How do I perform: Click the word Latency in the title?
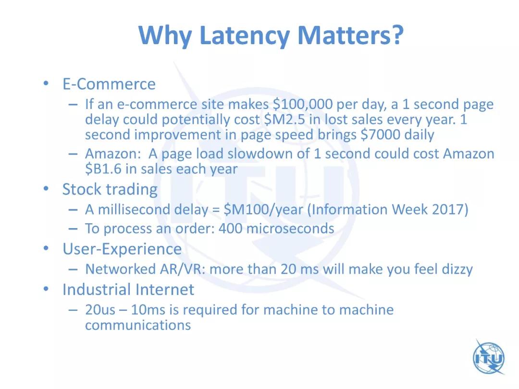pos(245,36)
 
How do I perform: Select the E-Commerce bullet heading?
pos(109,84)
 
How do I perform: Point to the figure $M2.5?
pos(284,120)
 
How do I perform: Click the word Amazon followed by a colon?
pos(113,154)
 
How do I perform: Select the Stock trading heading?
pos(110,190)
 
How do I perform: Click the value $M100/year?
pos(263,210)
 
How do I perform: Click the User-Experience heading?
pos(122,249)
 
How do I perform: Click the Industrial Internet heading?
pos(128,290)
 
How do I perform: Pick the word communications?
pos(138,325)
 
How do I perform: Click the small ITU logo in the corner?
pos(489,357)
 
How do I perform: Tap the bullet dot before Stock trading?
pos(46,189)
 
